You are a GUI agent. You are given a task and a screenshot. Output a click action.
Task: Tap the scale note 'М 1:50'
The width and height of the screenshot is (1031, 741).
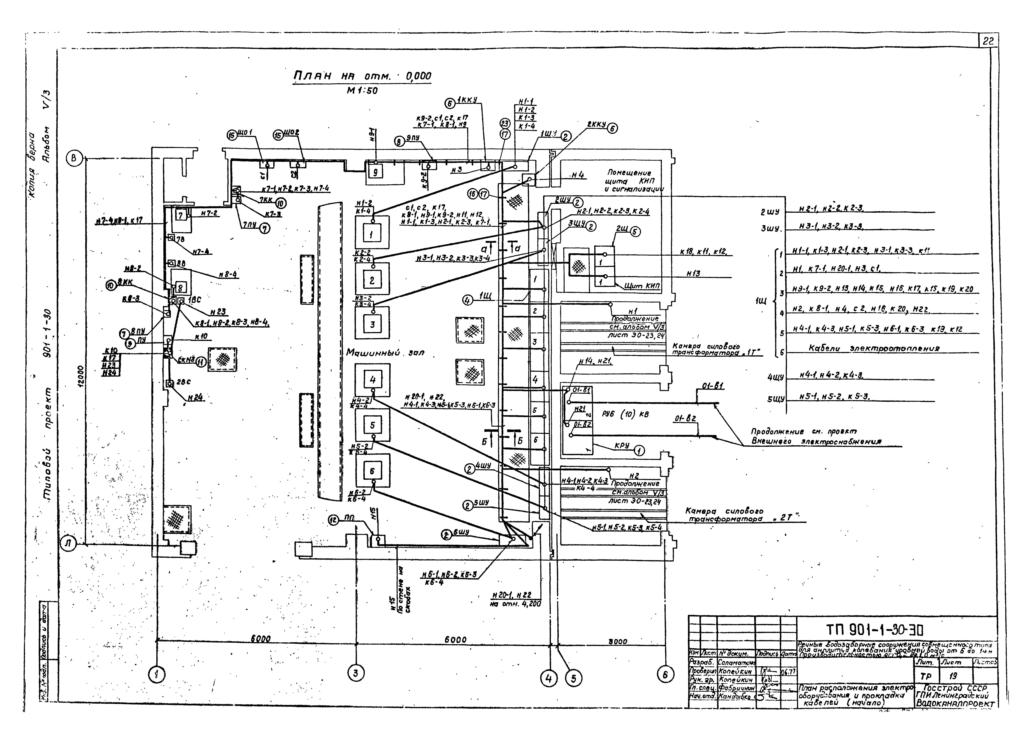[x=362, y=90]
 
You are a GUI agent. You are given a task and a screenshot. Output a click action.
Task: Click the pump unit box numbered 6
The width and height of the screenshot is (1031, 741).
[x=372, y=471]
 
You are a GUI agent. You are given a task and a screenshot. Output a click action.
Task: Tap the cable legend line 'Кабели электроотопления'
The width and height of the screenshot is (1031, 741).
[x=874, y=348]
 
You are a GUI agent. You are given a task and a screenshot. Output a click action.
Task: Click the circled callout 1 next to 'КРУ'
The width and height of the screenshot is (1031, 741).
[x=639, y=451]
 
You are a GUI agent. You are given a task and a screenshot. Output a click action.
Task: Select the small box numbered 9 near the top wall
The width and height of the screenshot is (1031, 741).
[x=375, y=172]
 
